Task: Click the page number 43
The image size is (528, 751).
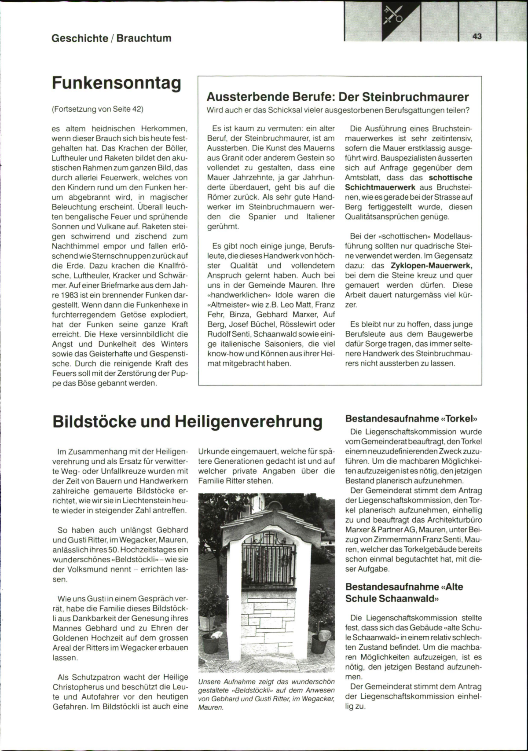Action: pyautogui.click(x=477, y=37)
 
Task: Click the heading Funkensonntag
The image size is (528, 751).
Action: pyautogui.click(x=117, y=83)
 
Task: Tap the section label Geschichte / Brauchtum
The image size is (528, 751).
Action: pyautogui.click(x=111, y=38)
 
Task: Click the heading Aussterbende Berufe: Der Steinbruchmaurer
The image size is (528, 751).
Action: pyautogui.click(x=337, y=97)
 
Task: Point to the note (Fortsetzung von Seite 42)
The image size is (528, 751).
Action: pyautogui.click(x=98, y=109)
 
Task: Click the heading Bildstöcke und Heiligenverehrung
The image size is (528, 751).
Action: pyautogui.click(x=187, y=421)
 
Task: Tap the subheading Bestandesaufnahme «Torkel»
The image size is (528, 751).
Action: pyautogui.click(x=411, y=418)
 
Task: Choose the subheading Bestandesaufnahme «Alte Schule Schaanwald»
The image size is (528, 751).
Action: pyautogui.click(x=404, y=593)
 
